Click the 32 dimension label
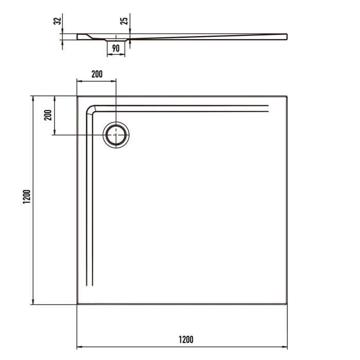click(x=58, y=21)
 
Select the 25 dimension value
click(x=123, y=21)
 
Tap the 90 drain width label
click(x=116, y=48)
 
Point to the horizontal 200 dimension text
click(x=97, y=74)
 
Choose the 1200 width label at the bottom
click(x=186, y=339)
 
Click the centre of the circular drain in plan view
click(x=116, y=135)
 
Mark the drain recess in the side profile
click(x=116, y=40)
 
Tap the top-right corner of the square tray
click(x=286, y=96)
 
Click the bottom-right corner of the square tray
click(x=286, y=304)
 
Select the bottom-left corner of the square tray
click(x=78, y=304)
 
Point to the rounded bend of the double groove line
click(x=91, y=109)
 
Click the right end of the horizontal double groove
click(x=268, y=108)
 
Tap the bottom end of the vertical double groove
click(x=89, y=285)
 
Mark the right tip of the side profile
click(x=286, y=36)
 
